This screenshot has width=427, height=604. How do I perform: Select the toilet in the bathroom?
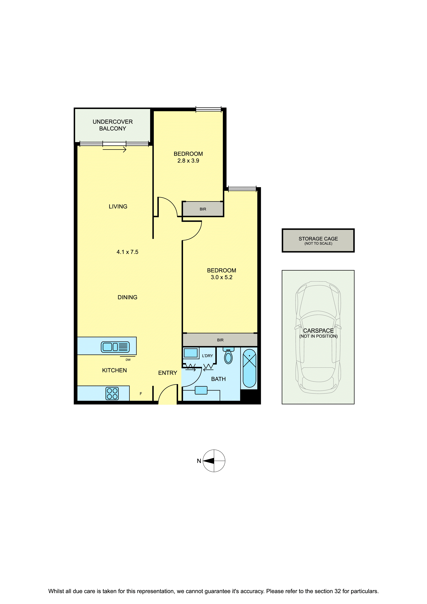click(228, 356)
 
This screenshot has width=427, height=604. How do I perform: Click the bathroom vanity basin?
click(201, 390)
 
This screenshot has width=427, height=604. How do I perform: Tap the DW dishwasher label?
click(128, 360)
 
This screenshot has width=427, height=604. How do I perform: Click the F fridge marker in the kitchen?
click(141, 394)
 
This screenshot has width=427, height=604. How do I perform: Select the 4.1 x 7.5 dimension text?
click(127, 252)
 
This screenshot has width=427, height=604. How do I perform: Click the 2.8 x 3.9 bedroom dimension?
click(188, 161)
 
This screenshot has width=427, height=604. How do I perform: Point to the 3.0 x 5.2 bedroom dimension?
click(222, 277)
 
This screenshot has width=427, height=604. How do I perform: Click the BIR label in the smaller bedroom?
click(203, 209)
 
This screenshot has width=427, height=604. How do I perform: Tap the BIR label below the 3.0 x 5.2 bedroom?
click(220, 340)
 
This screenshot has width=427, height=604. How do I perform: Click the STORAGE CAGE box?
click(318, 240)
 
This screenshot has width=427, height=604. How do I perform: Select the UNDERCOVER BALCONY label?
click(113, 125)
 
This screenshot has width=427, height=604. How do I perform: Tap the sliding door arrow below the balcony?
click(114, 150)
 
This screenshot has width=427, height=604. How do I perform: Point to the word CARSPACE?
click(318, 331)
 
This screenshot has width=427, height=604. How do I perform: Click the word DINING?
click(127, 297)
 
